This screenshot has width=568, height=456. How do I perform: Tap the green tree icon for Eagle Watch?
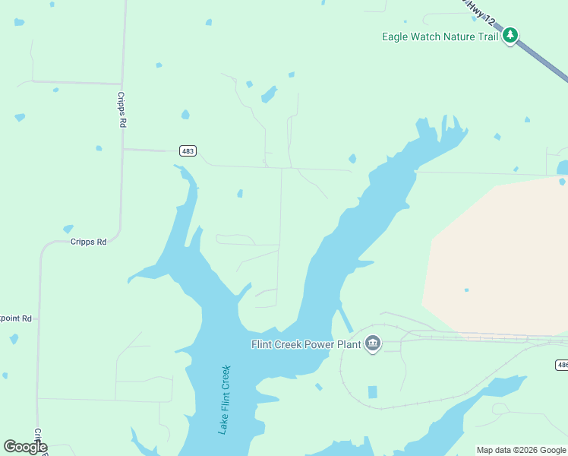(x=511, y=36)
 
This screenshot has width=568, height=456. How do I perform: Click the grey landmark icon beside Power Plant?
(x=372, y=344)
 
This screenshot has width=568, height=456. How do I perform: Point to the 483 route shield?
(x=188, y=151)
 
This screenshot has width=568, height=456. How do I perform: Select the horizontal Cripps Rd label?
(x=90, y=241)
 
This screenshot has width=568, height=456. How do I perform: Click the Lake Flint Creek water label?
(x=224, y=400)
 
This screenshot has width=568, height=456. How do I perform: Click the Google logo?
(x=25, y=447)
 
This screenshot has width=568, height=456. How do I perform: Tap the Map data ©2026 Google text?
(x=521, y=450)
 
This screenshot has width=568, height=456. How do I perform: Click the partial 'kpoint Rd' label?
(x=15, y=318)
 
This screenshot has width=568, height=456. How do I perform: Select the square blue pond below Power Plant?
(x=372, y=392)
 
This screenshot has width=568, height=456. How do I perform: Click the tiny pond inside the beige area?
(x=466, y=290)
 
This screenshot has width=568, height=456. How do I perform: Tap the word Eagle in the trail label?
(x=396, y=36)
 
